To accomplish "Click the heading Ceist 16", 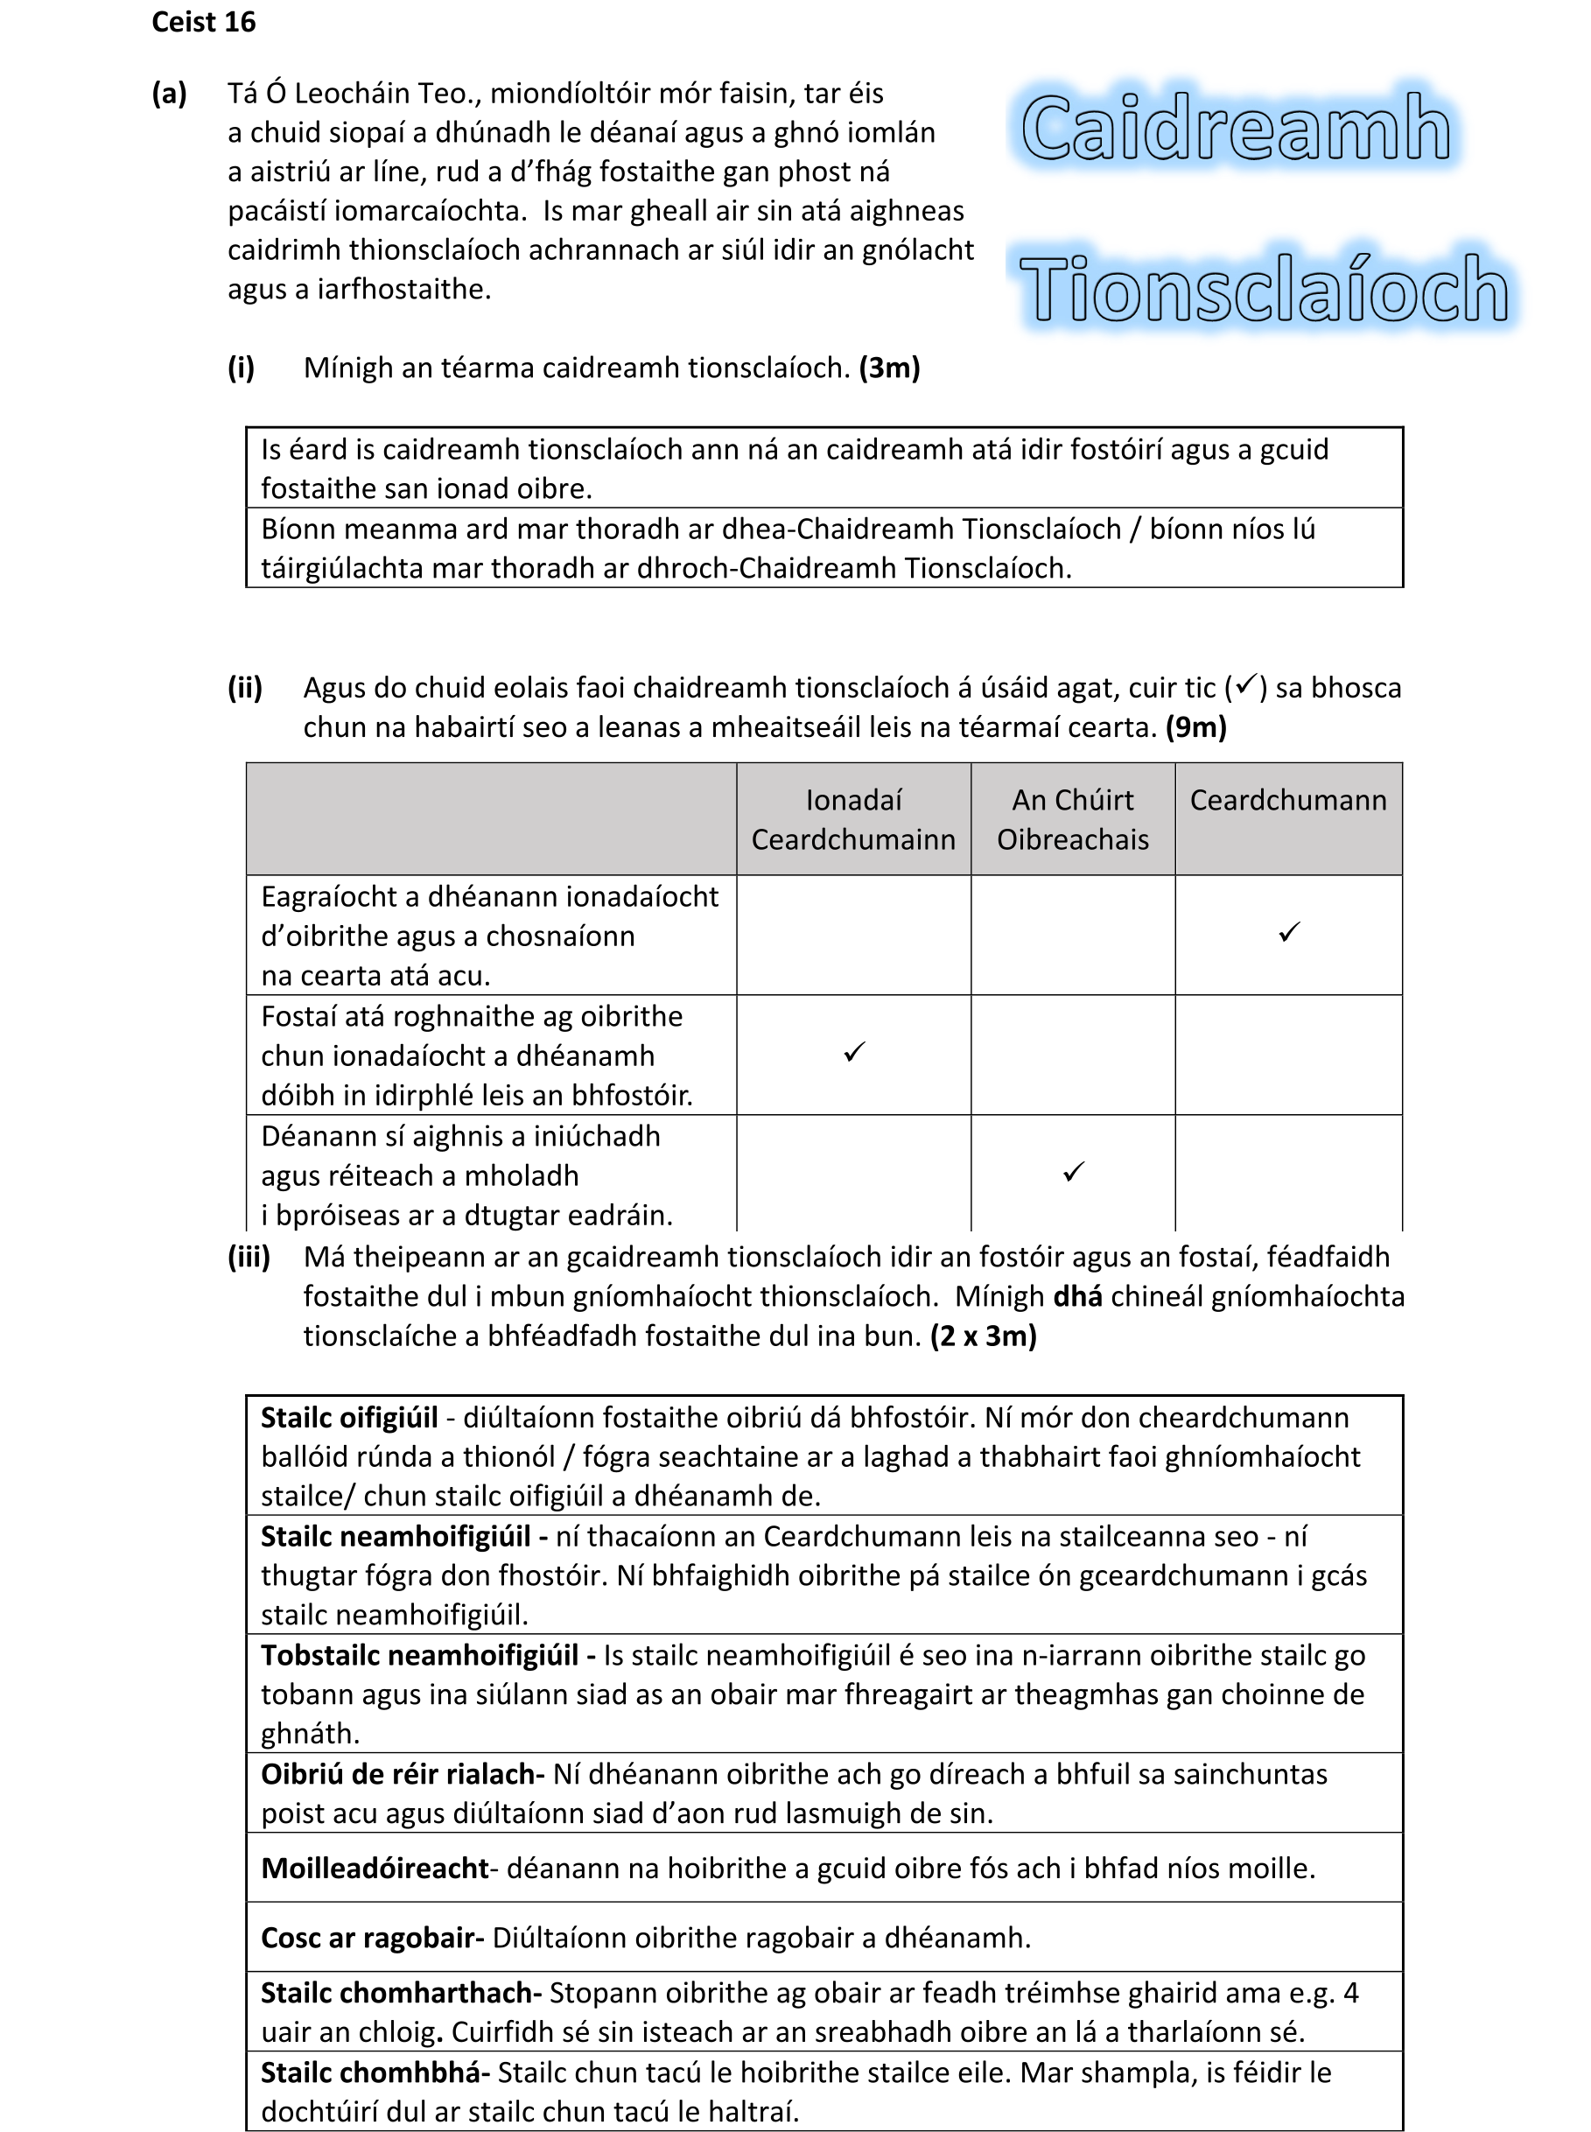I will pos(203,22).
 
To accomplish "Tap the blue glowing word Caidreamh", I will pos(1236,129).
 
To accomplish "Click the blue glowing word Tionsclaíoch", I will pos(1264,289).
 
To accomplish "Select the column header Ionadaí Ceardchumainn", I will pos(853,819).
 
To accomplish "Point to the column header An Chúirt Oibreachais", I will pos(1072,819).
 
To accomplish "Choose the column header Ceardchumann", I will pos(1287,800).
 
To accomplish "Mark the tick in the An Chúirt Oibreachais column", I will pos(1073,1172).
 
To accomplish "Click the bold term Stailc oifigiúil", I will pos(349,1418).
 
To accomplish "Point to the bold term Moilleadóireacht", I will pos(375,1869).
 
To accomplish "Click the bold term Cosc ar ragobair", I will pos(372,1938).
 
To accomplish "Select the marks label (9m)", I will pos(1195,727).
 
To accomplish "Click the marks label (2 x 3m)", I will pos(984,1336).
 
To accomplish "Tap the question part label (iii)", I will pos(249,1257).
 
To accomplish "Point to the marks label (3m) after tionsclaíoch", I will pos(889,368).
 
